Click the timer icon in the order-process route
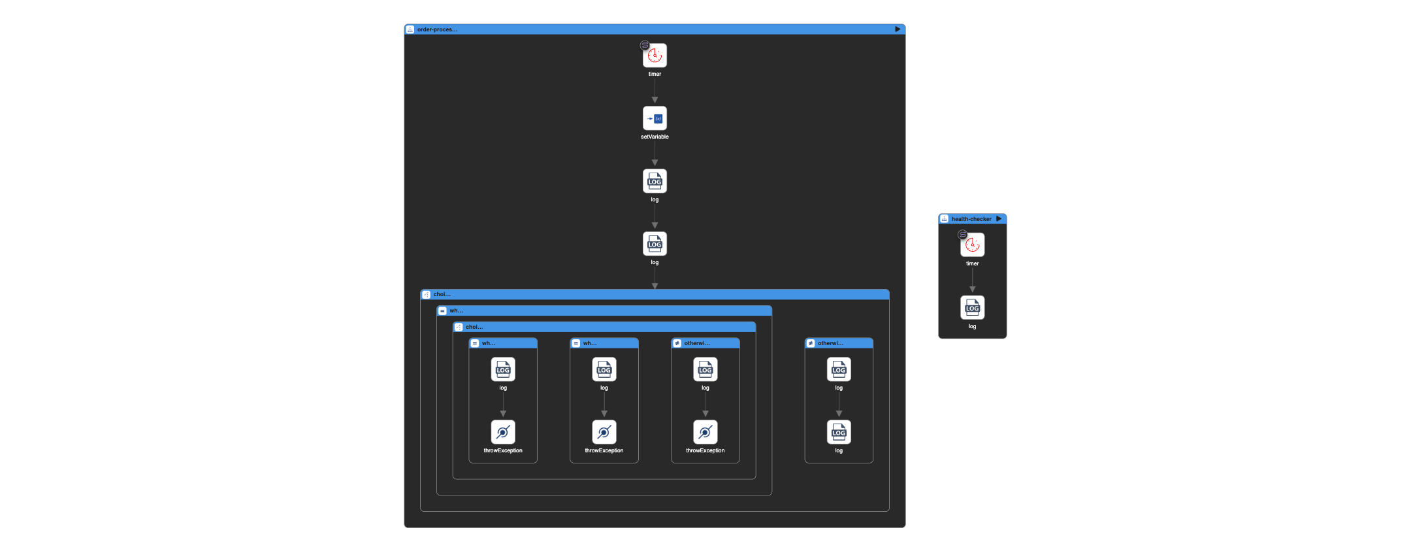pyautogui.click(x=655, y=56)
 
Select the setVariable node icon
pyautogui.click(x=655, y=118)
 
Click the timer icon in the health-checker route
pyautogui.click(x=972, y=245)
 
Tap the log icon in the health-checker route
pyautogui.click(x=972, y=308)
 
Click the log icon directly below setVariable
pyautogui.click(x=655, y=181)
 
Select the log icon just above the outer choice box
pyautogui.click(x=655, y=244)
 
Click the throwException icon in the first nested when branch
pyautogui.click(x=503, y=432)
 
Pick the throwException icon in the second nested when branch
pyautogui.click(x=604, y=432)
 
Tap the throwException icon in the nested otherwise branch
pyautogui.click(x=705, y=432)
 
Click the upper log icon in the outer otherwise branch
pyautogui.click(x=839, y=369)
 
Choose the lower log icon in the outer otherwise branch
pyautogui.click(x=839, y=432)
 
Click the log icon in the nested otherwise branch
pyautogui.click(x=705, y=369)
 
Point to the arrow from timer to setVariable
pyautogui.click(x=655, y=92)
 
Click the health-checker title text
pyautogui.click(x=971, y=219)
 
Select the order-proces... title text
pyautogui.click(x=437, y=29)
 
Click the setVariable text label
pyautogui.click(x=655, y=137)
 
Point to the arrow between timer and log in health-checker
pyautogui.click(x=972, y=280)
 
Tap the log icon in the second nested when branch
pyautogui.click(x=604, y=369)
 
